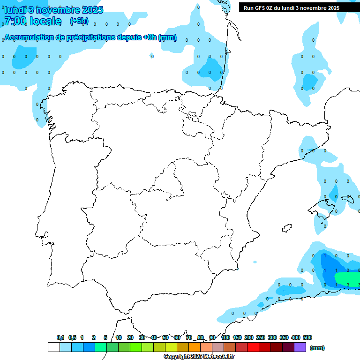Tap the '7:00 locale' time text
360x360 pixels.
(x=32, y=21)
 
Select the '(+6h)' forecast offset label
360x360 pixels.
(x=79, y=21)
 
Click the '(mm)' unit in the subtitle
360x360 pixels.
(x=168, y=38)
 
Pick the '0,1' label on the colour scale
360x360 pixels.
(x=60, y=337)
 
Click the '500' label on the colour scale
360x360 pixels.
(x=307, y=337)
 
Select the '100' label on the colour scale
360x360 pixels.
(x=225, y=337)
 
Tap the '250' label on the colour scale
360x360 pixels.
(x=261, y=337)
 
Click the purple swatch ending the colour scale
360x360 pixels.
(x=300, y=347)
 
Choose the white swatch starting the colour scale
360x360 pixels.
(x=53, y=347)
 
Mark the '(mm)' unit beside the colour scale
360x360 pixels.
(x=317, y=348)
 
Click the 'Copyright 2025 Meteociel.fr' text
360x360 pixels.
(x=199, y=357)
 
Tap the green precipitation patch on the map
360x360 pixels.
(x=348, y=278)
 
